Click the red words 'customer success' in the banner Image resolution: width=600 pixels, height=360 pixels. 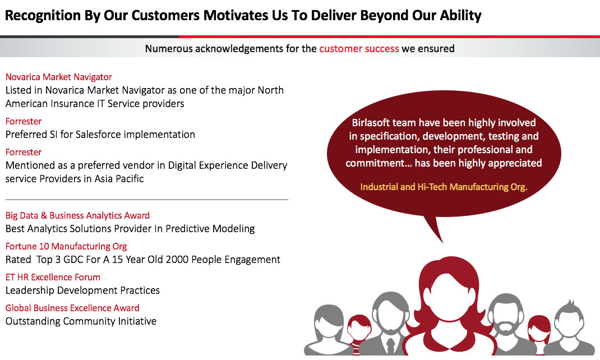(x=359, y=49)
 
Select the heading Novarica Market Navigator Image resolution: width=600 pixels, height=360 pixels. (x=58, y=77)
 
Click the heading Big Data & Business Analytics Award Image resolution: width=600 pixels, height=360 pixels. (x=77, y=215)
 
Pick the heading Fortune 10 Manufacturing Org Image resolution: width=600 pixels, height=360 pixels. (x=66, y=246)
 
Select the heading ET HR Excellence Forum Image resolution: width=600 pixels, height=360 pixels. (x=53, y=277)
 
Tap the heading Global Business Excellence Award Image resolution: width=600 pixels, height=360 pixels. (x=72, y=308)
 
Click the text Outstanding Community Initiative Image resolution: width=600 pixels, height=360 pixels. (x=81, y=321)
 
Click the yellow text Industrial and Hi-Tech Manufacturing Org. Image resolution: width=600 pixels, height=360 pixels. (x=444, y=187)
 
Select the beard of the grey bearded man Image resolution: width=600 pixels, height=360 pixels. (x=506, y=327)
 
